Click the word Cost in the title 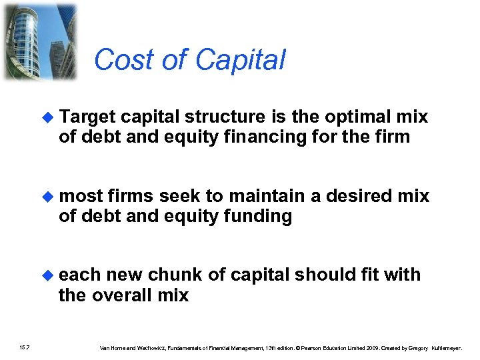tap(117, 59)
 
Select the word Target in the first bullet tap(89, 117)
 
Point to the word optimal tap(360, 117)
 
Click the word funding tap(257, 217)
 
